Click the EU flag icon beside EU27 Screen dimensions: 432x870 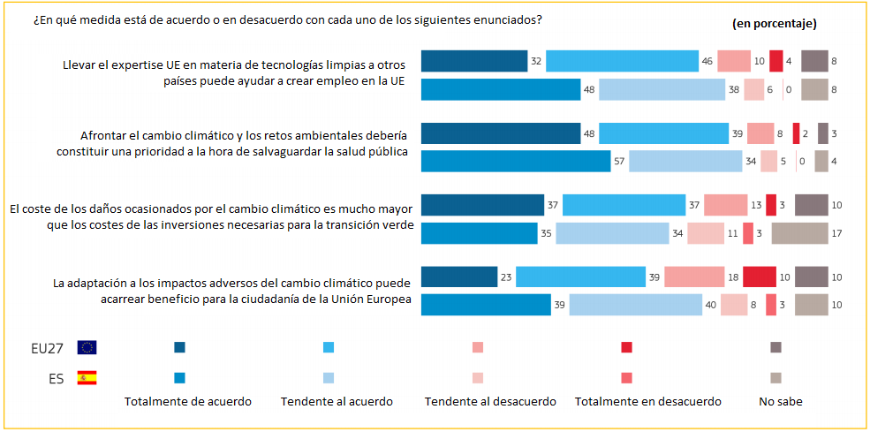(87, 347)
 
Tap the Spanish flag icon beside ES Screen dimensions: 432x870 (87, 378)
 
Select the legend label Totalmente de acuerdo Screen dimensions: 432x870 (188, 402)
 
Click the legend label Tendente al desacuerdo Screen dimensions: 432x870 (490, 402)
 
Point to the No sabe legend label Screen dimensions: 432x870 (781, 402)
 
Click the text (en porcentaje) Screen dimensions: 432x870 (774, 23)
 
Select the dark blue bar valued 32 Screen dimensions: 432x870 (474, 61)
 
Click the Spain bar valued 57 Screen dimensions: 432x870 (516, 161)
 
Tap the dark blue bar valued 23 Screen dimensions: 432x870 (459, 277)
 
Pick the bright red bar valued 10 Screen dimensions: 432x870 (760, 277)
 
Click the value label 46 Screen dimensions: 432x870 (707, 61)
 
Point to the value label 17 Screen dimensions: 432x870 (836, 233)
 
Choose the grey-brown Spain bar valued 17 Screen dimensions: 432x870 (799, 233)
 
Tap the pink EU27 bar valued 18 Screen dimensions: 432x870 (694, 277)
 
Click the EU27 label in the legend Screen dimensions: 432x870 (48, 347)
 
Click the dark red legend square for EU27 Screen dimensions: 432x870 (627, 347)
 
